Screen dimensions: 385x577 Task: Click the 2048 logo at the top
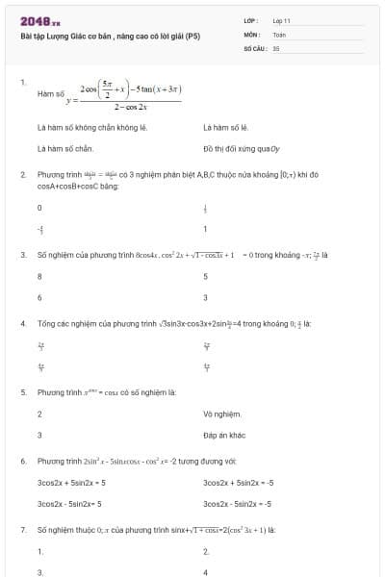coord(38,20)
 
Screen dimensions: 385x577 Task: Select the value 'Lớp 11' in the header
coord(282,20)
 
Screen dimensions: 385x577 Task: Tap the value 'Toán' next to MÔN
coord(279,34)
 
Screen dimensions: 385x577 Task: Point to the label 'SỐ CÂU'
coord(254,47)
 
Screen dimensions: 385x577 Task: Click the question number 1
coord(22,83)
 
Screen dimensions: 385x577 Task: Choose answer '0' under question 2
coord(39,208)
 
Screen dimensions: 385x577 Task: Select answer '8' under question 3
coord(39,276)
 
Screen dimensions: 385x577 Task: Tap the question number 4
coord(22,323)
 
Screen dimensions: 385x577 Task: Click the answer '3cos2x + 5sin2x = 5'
coord(71,482)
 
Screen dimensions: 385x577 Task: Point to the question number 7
coord(22,530)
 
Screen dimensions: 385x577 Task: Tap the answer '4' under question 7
coord(206,571)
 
